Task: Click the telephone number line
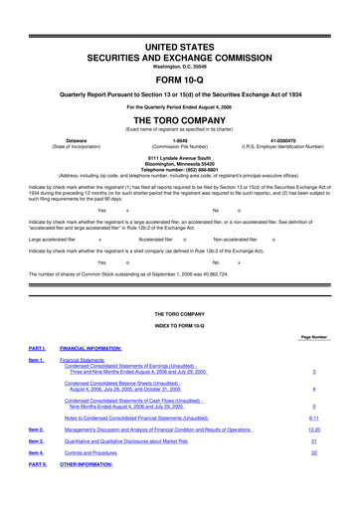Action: [x=180, y=166]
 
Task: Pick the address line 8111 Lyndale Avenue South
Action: [x=180, y=154]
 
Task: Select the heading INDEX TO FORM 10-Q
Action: [x=180, y=327]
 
